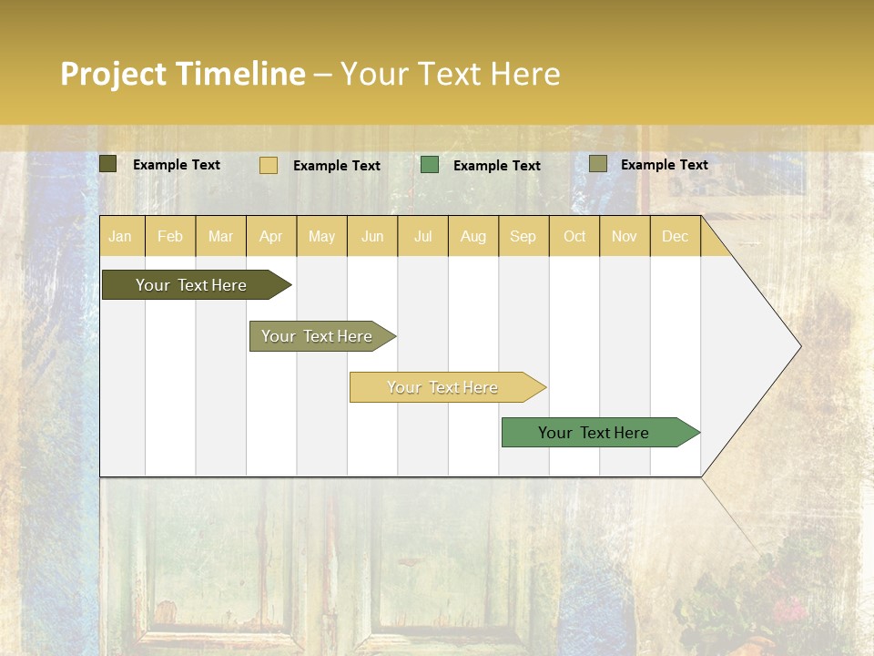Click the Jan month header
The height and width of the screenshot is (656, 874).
tap(120, 237)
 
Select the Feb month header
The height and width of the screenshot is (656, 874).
tap(170, 237)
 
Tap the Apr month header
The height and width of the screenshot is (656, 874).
tap(270, 237)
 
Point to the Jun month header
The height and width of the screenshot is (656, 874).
tap(372, 237)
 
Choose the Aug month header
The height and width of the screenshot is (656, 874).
tap(473, 237)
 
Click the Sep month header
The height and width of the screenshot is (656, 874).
tap(523, 237)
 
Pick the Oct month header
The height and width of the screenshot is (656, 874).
tap(574, 237)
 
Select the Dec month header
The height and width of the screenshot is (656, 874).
tap(675, 237)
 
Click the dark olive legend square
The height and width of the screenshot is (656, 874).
tap(107, 164)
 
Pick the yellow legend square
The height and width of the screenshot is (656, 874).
tap(269, 165)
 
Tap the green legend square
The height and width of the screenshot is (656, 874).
tap(430, 165)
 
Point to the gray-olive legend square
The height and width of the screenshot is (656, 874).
tap(597, 164)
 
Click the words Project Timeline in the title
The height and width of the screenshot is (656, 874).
tap(182, 74)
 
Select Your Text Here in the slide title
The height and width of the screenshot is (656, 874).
tap(450, 74)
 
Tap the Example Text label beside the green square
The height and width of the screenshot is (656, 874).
tap(496, 166)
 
